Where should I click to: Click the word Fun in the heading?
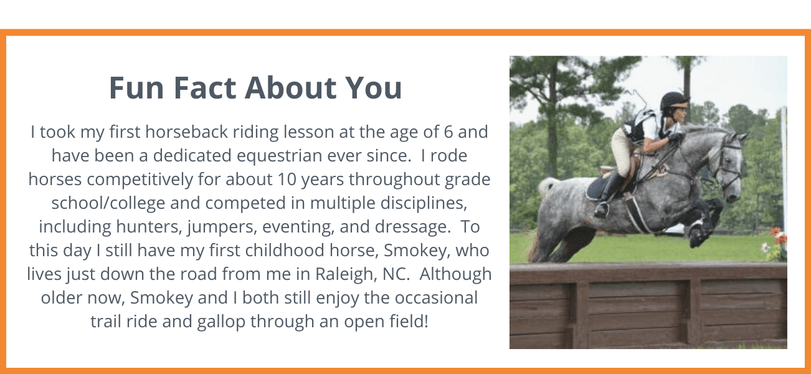[x=136, y=88]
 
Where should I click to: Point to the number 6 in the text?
[x=448, y=132]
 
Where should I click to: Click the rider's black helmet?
[x=673, y=100]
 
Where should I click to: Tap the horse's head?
[x=728, y=165]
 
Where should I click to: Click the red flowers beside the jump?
[x=778, y=236]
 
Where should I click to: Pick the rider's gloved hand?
[x=676, y=137]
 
